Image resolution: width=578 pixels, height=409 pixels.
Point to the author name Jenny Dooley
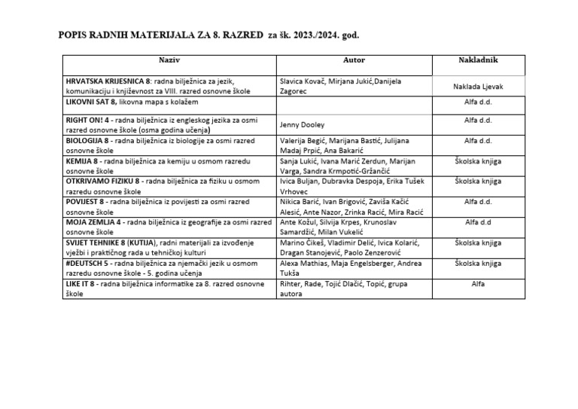tap(301, 125)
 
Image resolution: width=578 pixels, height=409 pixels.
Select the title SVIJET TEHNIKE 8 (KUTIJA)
tap(111, 243)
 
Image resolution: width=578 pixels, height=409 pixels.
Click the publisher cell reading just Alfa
tap(479, 284)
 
